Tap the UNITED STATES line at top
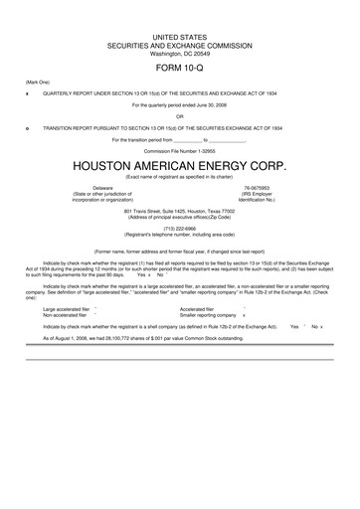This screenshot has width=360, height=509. [x=179, y=36]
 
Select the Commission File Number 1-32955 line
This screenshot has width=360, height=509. [x=179, y=151]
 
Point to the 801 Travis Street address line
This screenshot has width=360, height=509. [x=179, y=211]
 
